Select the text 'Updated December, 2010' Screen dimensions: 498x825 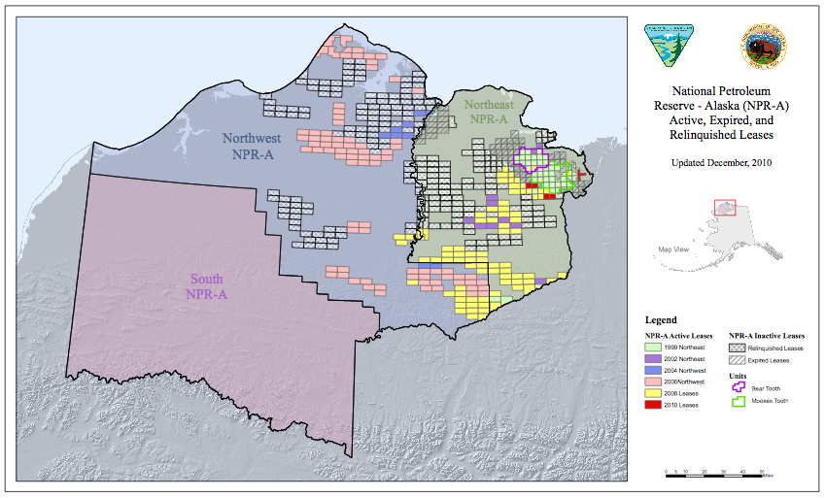pos(721,162)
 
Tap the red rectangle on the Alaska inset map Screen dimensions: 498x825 pos(725,208)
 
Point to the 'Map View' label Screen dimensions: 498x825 pos(673,249)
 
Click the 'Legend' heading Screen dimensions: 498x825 pos(661,319)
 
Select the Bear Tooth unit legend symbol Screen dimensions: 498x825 pos(739,386)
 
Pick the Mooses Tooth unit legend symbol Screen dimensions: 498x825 pos(739,400)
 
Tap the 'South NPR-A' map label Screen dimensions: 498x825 pos(208,286)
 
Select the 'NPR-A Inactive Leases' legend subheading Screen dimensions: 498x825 pos(767,335)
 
